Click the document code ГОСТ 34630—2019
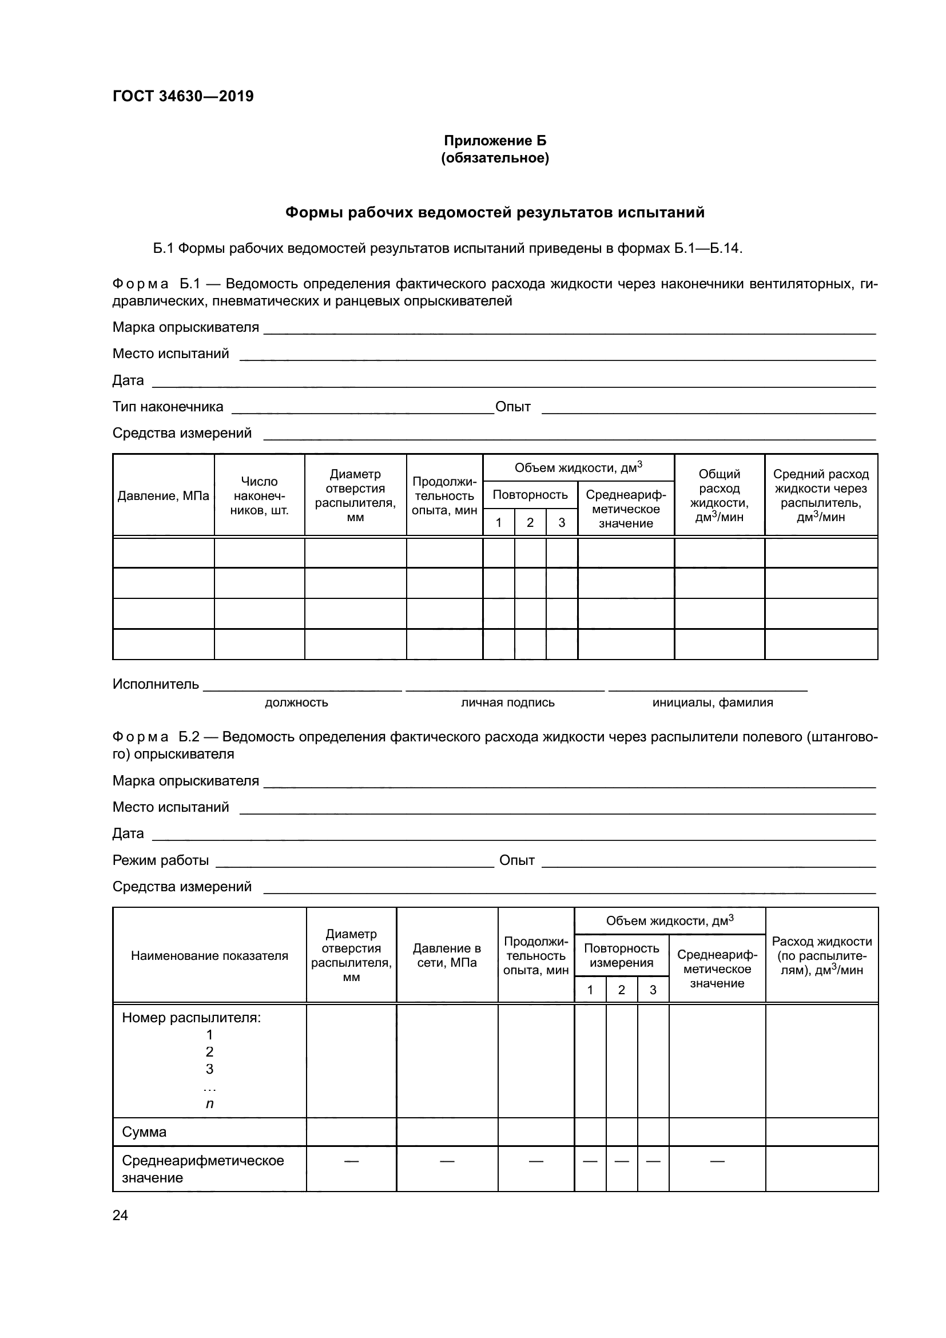(183, 96)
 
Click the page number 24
(120, 1215)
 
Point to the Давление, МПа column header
(163, 495)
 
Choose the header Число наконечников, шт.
(259, 495)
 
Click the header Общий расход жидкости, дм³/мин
(719, 495)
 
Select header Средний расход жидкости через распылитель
(821, 495)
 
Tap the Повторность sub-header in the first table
(530, 495)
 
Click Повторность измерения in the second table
(621, 955)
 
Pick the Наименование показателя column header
(209, 955)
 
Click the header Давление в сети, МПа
(447, 955)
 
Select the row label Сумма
(144, 1131)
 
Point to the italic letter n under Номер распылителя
(209, 1103)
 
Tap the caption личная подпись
(507, 702)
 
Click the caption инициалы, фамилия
(713, 702)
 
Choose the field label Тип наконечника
(168, 407)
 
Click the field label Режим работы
(160, 860)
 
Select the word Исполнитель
(156, 684)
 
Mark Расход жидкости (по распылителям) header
(821, 955)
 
